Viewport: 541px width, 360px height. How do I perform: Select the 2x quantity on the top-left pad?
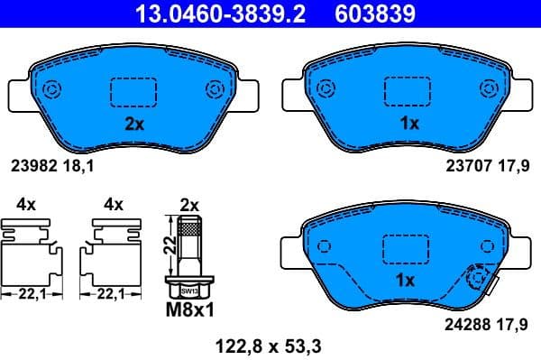click(x=133, y=125)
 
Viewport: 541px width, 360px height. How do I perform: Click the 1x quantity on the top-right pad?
click(x=408, y=125)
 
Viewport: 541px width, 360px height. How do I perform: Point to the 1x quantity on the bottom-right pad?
click(x=405, y=281)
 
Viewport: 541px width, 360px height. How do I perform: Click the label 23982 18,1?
click(x=53, y=166)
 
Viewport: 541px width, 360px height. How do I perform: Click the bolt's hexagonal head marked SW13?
click(x=188, y=291)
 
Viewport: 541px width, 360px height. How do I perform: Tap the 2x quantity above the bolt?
click(x=188, y=205)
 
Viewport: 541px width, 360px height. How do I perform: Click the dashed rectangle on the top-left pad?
click(x=133, y=90)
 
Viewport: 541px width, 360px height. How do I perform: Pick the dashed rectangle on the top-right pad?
click(x=408, y=90)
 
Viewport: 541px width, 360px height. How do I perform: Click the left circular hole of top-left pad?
click(x=51, y=88)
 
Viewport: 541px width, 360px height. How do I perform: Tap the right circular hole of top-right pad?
click(x=490, y=88)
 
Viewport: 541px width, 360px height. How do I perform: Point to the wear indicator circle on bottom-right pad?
click(x=477, y=281)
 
